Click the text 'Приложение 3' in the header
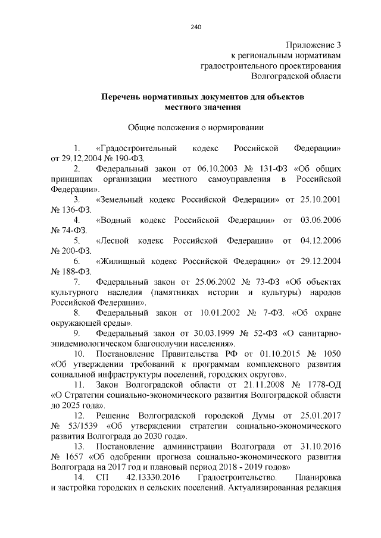(x=313, y=45)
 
